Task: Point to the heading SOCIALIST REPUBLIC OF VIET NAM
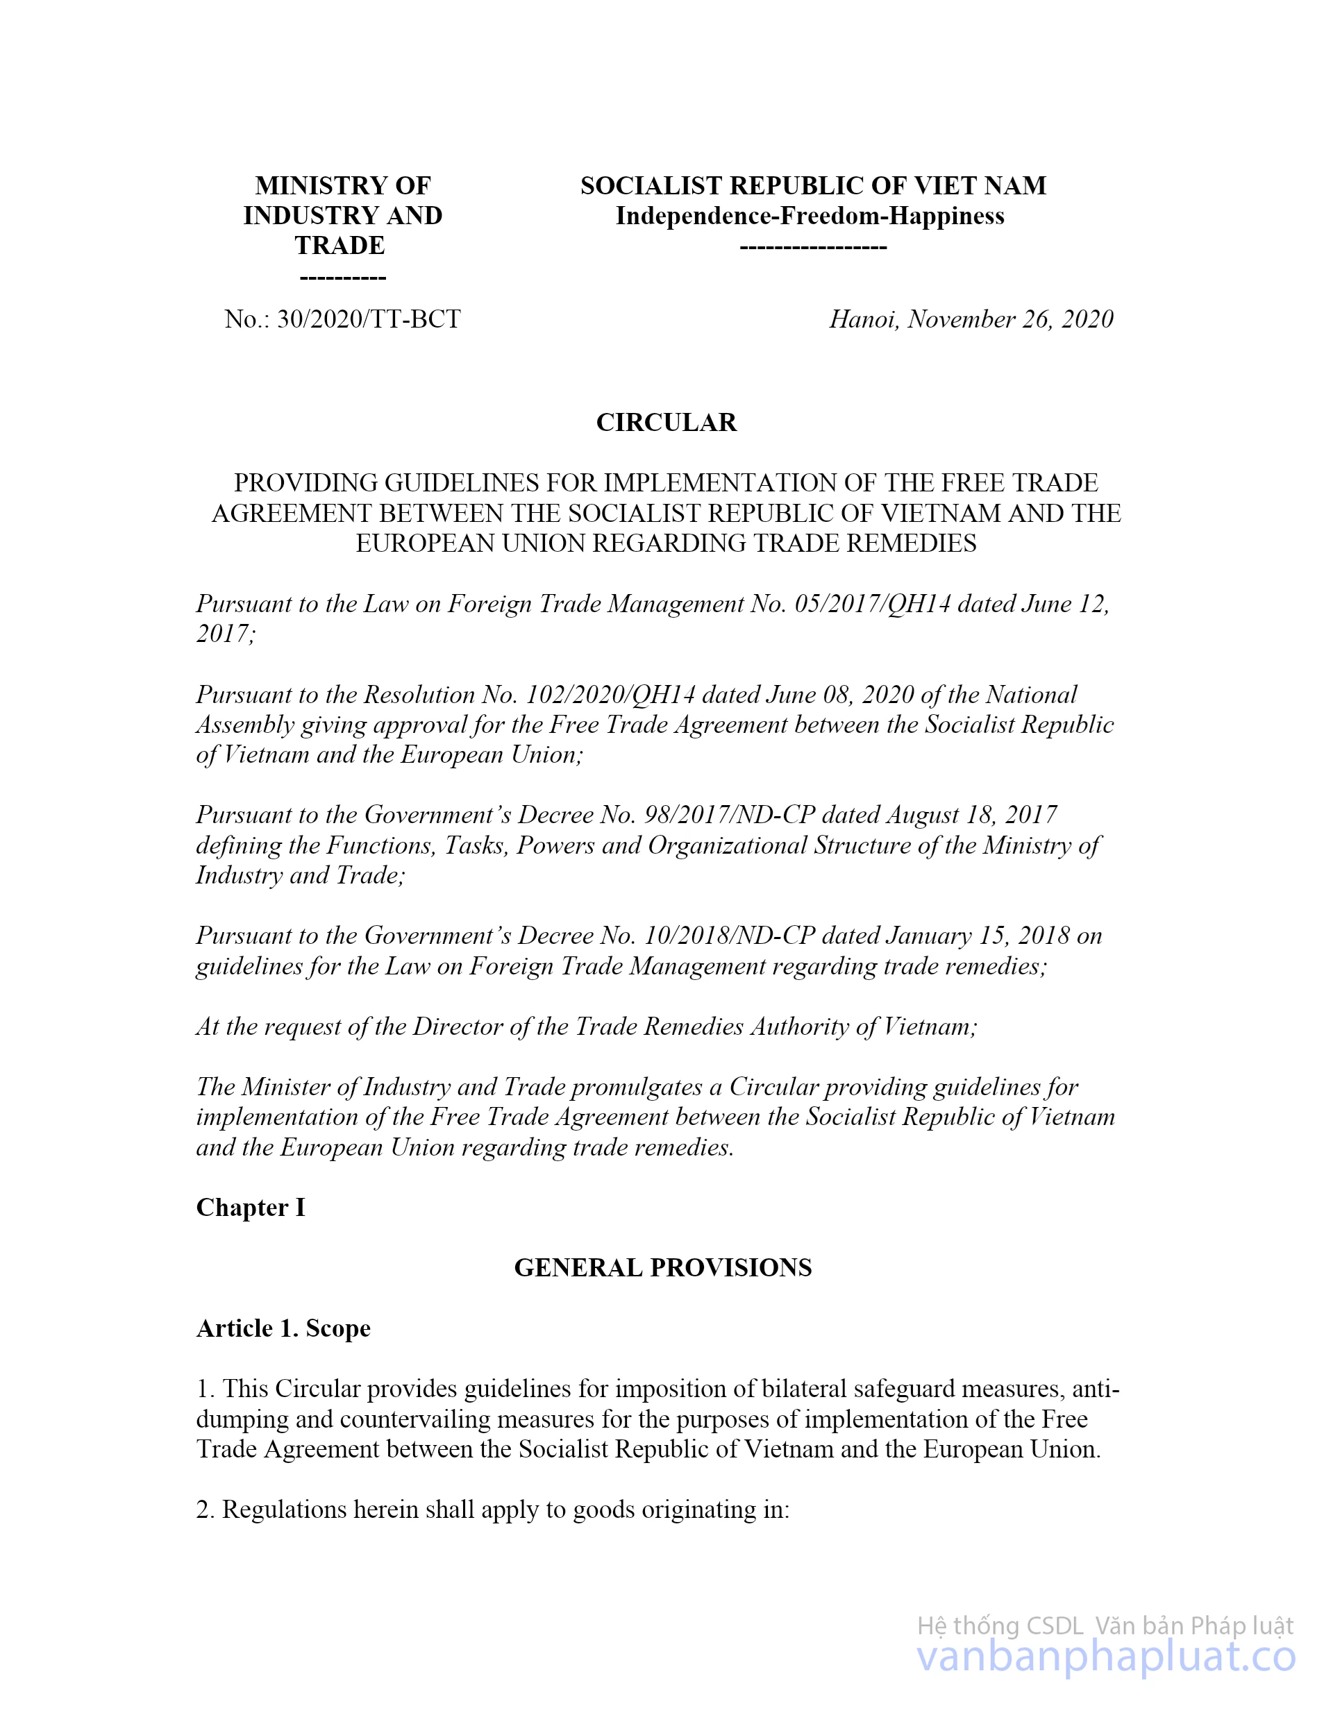point(812,185)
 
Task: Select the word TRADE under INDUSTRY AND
point(340,246)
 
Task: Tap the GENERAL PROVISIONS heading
point(662,1268)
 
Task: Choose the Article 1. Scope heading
point(283,1328)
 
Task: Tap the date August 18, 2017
point(971,815)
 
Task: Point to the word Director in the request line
point(461,1027)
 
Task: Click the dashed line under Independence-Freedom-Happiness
point(812,247)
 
